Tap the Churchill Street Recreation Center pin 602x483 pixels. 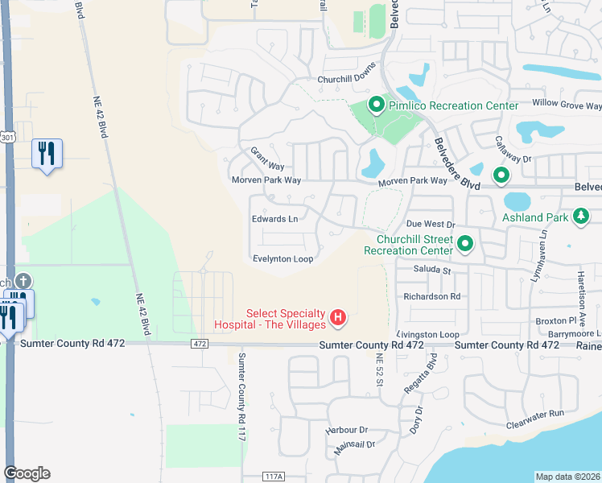464,242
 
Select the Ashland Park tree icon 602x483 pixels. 579,217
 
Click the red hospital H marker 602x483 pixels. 339,318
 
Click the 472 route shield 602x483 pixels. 200,344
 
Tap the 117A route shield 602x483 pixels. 273,477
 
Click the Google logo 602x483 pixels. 27,473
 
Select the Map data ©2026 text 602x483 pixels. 567,477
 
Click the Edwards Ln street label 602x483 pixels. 274,219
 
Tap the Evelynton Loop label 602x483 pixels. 282,258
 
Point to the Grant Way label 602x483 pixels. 266,157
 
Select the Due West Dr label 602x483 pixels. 431,225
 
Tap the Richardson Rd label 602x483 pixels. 432,295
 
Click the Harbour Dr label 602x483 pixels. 346,430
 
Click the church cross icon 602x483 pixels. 24,282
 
